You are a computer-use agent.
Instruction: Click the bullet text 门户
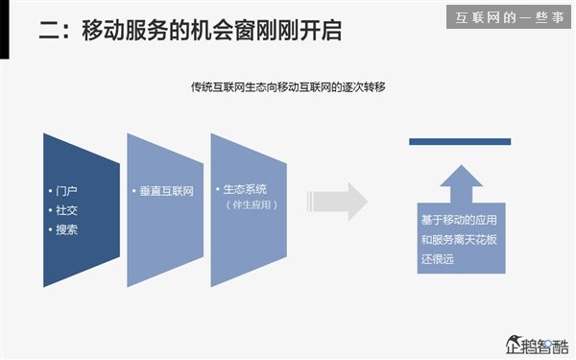[x=67, y=190]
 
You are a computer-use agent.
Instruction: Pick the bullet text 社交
[x=67, y=210]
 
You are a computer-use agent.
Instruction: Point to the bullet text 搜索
[x=67, y=230]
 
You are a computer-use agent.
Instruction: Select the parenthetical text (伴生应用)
[x=251, y=205]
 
